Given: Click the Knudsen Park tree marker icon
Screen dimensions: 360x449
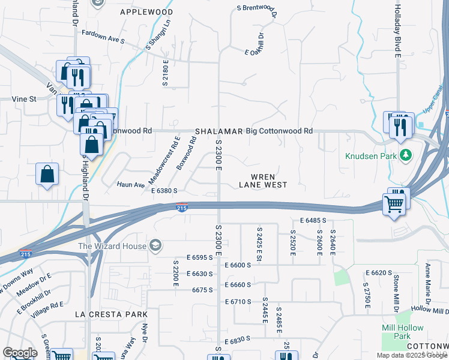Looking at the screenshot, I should pos(406,156).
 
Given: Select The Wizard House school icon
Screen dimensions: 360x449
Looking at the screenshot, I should pos(155,245).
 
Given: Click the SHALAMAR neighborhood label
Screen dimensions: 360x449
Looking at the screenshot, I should pos(218,131).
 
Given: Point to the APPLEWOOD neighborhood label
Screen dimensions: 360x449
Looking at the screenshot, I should pos(146,12).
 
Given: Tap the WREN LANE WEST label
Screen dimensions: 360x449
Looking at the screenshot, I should pos(263,181).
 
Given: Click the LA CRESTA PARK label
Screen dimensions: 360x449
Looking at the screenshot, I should pos(111,314).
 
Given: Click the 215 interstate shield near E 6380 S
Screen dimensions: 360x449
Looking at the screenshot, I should pos(182,208).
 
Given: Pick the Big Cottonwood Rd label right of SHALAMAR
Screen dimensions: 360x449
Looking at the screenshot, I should pos(280,131).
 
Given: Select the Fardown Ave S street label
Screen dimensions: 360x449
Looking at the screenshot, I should pos(103,37).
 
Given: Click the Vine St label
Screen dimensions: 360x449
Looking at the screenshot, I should pos(24,99).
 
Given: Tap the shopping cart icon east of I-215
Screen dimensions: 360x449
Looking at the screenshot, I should pos(394,204).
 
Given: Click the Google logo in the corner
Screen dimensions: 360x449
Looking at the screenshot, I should pos(20,353).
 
